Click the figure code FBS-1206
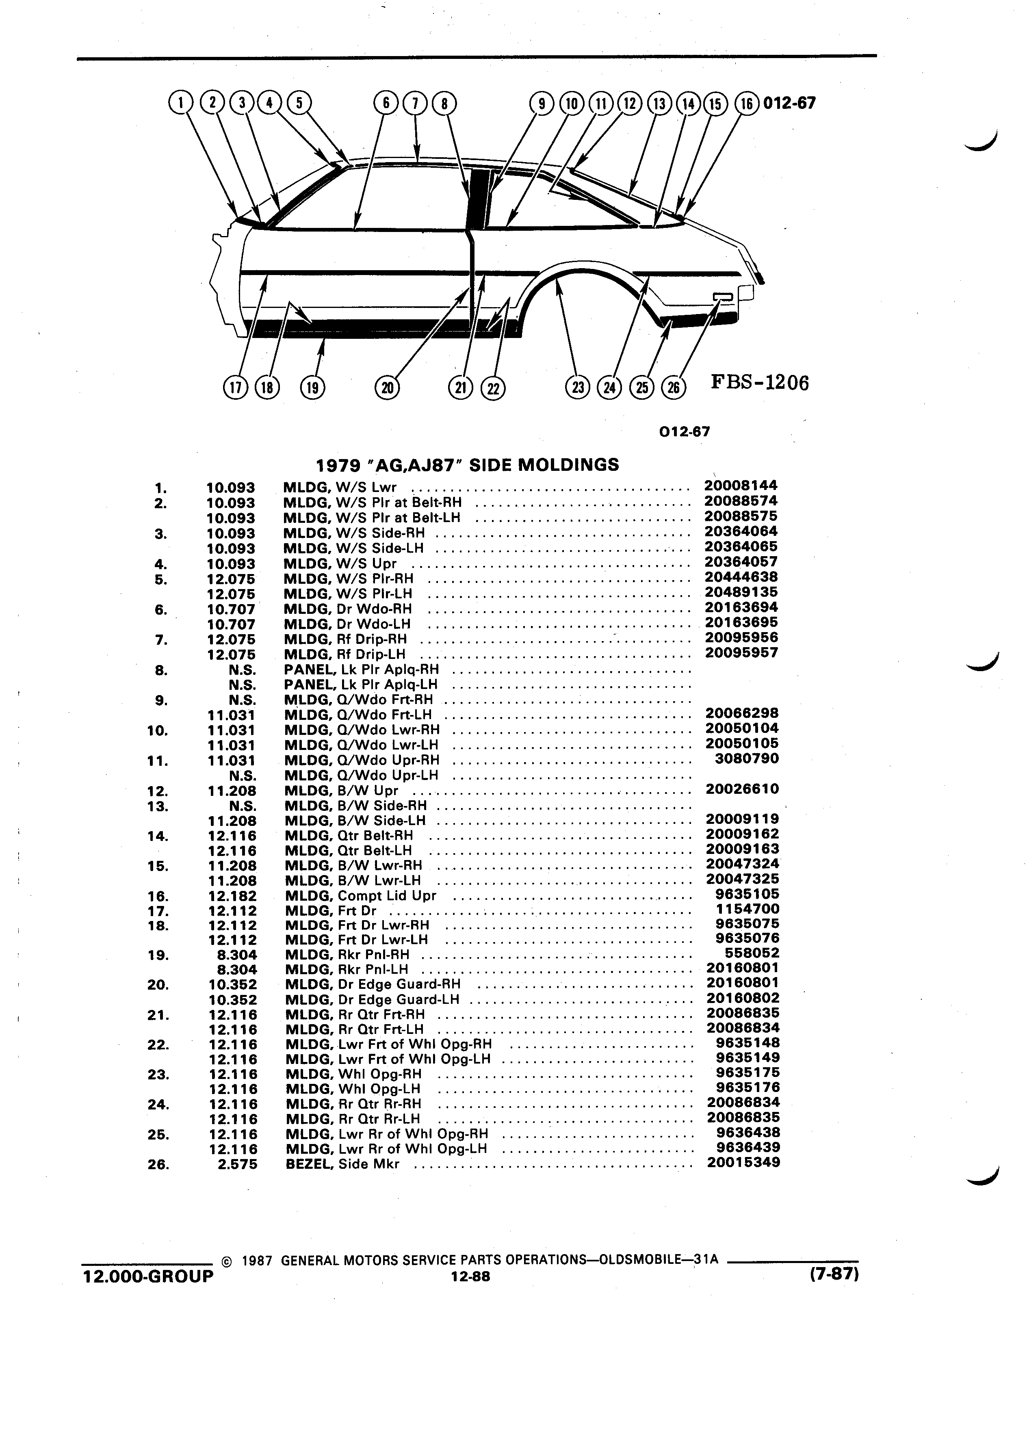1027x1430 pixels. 760,383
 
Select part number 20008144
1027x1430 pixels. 741,485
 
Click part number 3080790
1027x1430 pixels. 747,758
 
